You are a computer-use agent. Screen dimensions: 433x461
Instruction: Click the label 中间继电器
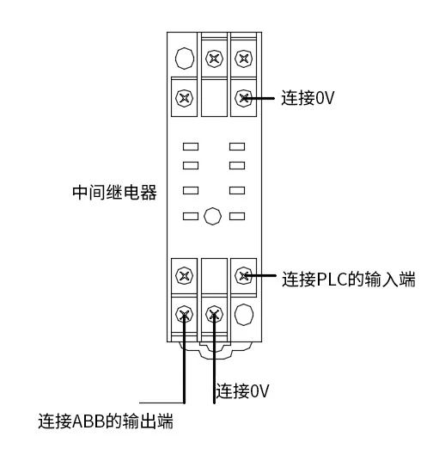pyautogui.click(x=114, y=193)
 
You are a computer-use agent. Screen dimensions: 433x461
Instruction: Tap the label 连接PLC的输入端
pyautogui.click(x=349, y=279)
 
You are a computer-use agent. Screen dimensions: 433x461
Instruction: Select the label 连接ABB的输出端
pyautogui.click(x=106, y=421)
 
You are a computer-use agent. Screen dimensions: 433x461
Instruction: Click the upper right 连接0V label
pyautogui.click(x=308, y=98)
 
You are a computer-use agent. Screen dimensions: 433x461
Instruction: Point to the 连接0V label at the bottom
pyautogui.click(x=242, y=390)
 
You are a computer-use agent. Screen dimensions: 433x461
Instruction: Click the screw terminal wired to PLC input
pyautogui.click(x=243, y=275)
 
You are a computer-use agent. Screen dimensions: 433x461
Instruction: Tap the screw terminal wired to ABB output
pyautogui.click(x=184, y=314)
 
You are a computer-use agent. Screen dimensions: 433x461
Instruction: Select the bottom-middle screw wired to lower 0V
pyautogui.click(x=214, y=314)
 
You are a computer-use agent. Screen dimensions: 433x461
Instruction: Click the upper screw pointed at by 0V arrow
pyautogui.click(x=243, y=98)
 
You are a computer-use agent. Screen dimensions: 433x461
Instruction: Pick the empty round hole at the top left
pyautogui.click(x=185, y=58)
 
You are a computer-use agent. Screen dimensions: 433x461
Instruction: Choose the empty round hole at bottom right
pyautogui.click(x=244, y=315)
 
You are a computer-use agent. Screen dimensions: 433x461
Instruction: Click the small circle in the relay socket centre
pyautogui.click(x=212, y=216)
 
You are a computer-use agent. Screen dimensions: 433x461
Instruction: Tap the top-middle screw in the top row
pyautogui.click(x=214, y=58)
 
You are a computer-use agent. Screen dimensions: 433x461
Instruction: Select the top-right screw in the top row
pyautogui.click(x=243, y=58)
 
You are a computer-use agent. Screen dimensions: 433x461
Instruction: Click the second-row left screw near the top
pyautogui.click(x=184, y=98)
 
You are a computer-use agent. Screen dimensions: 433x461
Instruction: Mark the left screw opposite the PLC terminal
pyautogui.click(x=184, y=275)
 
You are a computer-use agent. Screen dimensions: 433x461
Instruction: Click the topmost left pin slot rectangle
pyautogui.click(x=191, y=146)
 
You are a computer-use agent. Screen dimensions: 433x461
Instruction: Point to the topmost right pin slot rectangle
pyautogui.click(x=237, y=146)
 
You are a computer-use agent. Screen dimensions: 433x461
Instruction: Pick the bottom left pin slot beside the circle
pyautogui.click(x=191, y=217)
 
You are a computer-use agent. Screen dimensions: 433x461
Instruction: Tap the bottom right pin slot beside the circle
pyautogui.click(x=237, y=217)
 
